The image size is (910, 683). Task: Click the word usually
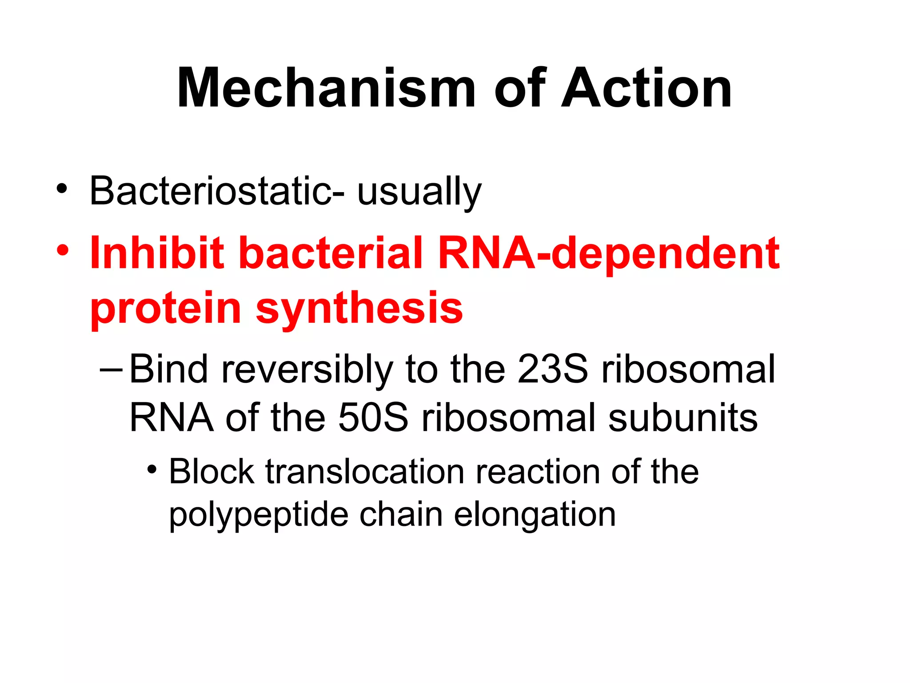point(419,192)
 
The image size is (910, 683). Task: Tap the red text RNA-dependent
point(609,253)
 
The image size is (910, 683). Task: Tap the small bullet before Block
point(152,469)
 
